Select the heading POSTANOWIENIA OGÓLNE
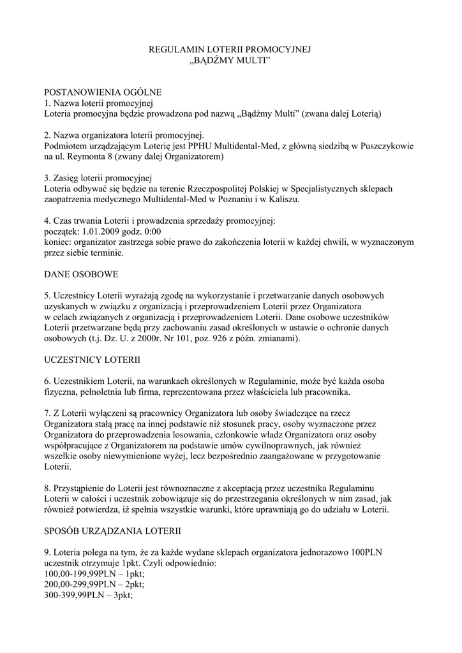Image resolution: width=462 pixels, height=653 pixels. pyautogui.click(x=103, y=92)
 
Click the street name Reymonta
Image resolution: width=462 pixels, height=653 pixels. pyautogui.click(x=87, y=157)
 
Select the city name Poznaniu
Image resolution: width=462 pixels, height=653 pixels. pyautogui.click(x=240, y=200)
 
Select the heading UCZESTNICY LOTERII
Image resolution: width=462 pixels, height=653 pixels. pyautogui.click(x=92, y=360)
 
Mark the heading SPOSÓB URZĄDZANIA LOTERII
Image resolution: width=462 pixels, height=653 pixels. pyautogui.click(x=112, y=531)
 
